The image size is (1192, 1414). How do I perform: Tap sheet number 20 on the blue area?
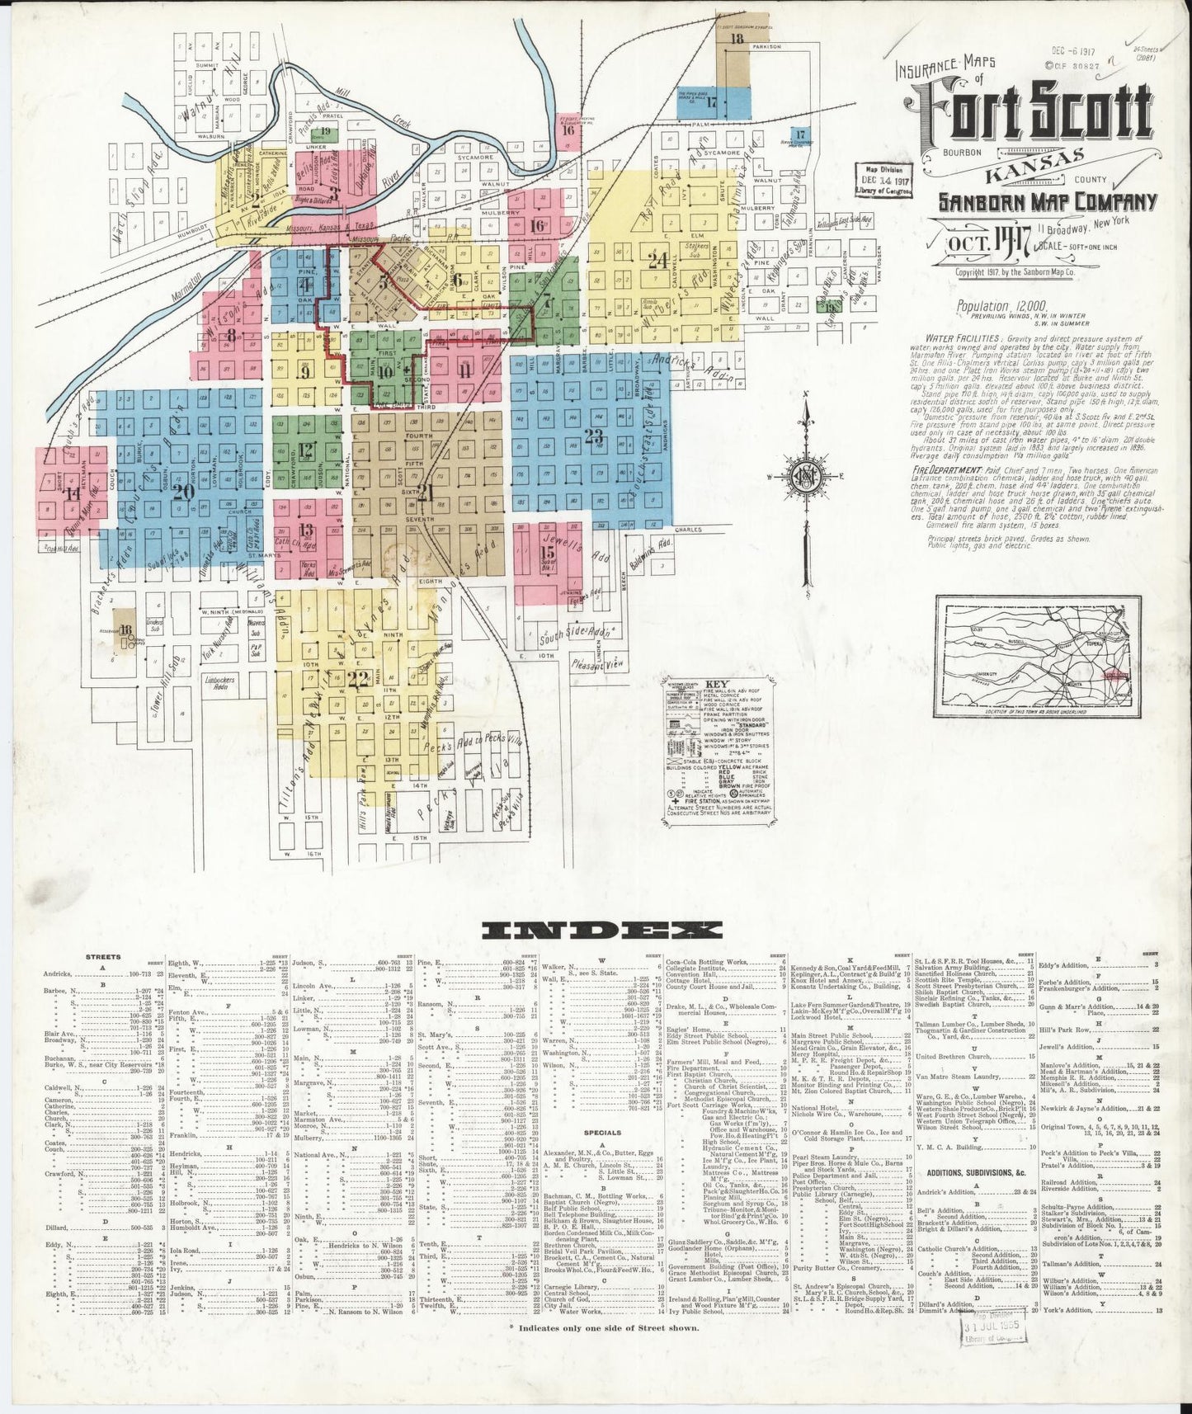tap(183, 491)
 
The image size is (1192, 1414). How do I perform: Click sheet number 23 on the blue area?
tap(594, 436)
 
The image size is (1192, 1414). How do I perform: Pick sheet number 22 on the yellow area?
tap(357, 679)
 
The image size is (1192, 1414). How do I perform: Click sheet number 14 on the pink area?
tap(73, 494)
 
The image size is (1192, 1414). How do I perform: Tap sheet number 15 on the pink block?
tap(547, 552)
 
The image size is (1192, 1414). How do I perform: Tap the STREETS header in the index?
tap(103, 957)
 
